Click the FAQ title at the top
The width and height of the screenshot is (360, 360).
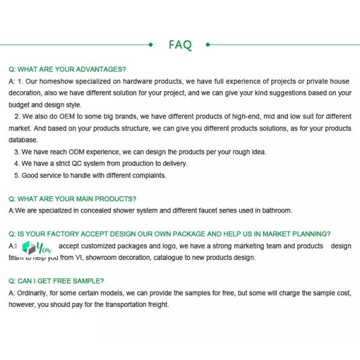(x=180, y=45)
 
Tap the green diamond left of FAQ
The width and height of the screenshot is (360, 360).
(x=151, y=44)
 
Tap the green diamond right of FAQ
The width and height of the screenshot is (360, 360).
(x=208, y=44)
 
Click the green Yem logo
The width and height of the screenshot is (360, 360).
(x=37, y=247)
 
